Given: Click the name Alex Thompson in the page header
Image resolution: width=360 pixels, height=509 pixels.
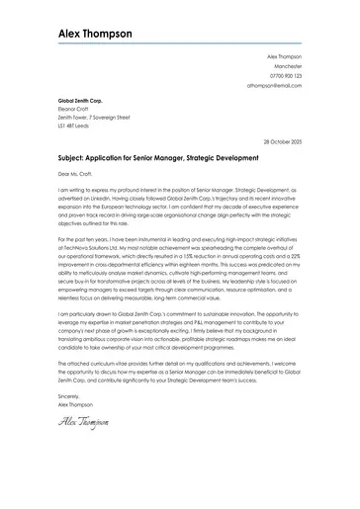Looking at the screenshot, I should (x=95, y=33).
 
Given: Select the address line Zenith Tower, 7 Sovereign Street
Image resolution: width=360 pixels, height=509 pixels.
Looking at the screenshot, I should (x=94, y=118).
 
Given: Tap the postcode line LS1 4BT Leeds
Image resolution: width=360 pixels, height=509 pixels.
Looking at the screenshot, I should (x=75, y=127).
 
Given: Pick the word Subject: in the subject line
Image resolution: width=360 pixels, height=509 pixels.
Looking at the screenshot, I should (x=72, y=158).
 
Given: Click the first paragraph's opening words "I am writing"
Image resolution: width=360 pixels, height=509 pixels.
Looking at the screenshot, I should (x=72, y=191).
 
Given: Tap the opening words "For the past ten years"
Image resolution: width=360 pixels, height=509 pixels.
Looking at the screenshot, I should (x=84, y=238).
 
